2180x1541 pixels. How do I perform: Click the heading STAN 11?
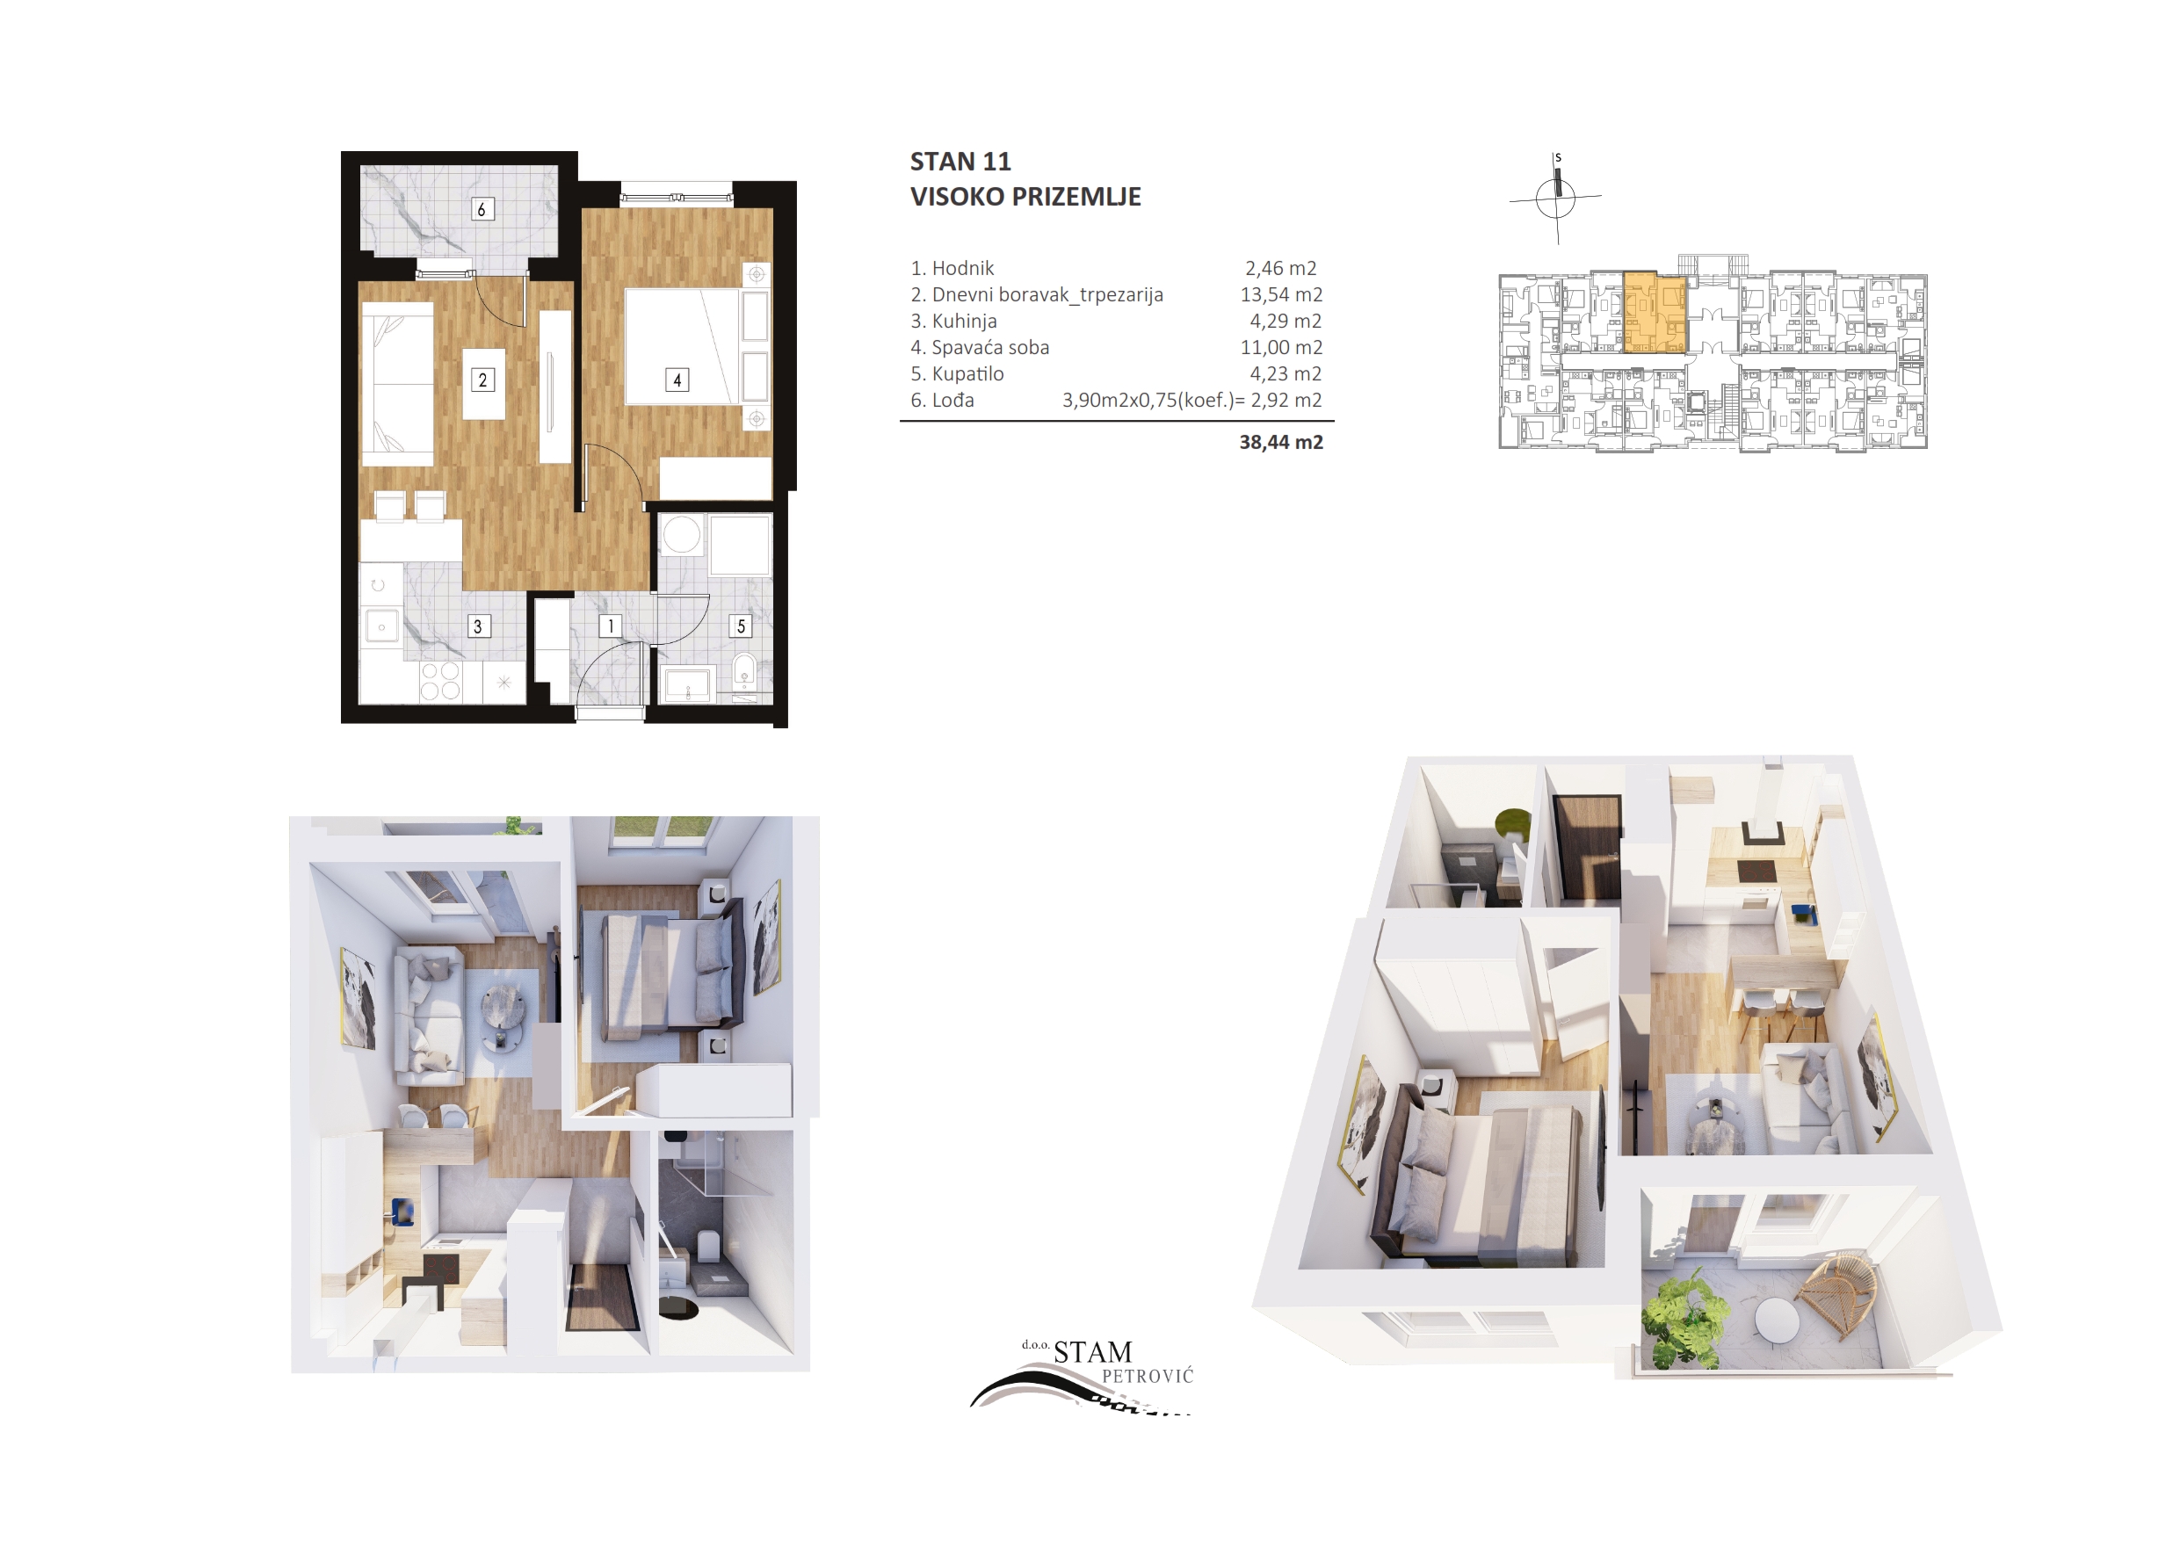coord(960,162)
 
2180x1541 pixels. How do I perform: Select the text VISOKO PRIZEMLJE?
coord(1025,197)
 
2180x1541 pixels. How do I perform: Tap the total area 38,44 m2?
coord(1281,443)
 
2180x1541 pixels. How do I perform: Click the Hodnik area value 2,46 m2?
coord(1281,269)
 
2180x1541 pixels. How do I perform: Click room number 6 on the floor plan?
coord(482,209)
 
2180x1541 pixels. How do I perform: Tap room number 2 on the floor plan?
coord(482,380)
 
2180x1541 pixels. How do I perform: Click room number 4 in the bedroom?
coord(677,380)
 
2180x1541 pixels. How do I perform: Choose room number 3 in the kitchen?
coord(479,626)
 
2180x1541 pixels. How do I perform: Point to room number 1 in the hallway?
coord(612,626)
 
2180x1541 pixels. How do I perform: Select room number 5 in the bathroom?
coord(741,626)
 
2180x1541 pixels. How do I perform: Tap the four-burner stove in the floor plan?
coord(440,681)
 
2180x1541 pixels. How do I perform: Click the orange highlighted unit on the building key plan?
coord(1655,314)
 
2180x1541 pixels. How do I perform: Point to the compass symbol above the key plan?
coord(1555,198)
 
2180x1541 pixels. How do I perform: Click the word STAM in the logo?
coord(1093,1352)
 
